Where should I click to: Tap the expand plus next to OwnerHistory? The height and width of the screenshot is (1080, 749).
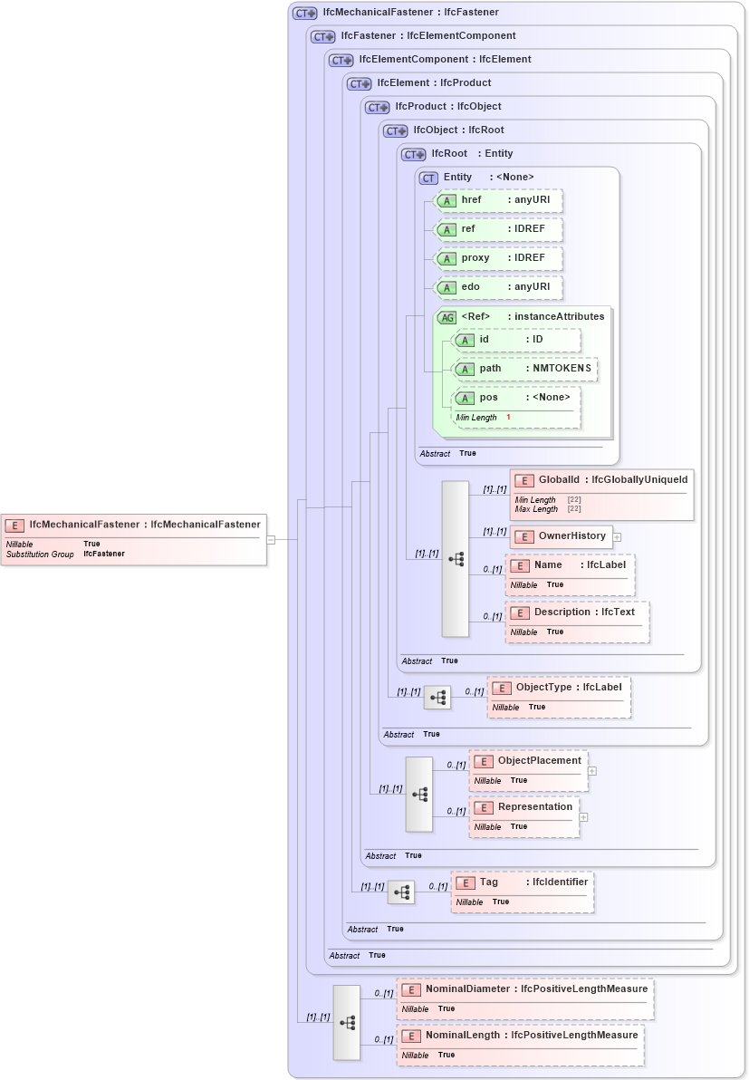point(617,537)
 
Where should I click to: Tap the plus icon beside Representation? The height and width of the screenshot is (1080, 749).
point(583,817)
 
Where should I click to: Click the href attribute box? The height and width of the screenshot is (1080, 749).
point(498,200)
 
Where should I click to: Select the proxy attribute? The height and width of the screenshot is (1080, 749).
point(498,258)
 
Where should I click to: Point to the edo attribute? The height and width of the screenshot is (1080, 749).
point(498,288)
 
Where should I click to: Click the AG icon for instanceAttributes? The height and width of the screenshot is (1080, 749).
point(447,317)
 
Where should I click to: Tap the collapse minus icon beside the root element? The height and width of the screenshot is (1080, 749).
point(270,540)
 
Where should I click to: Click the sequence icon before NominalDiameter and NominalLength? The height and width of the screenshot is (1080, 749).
point(347,1022)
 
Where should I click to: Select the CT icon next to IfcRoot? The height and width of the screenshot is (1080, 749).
point(413,154)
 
